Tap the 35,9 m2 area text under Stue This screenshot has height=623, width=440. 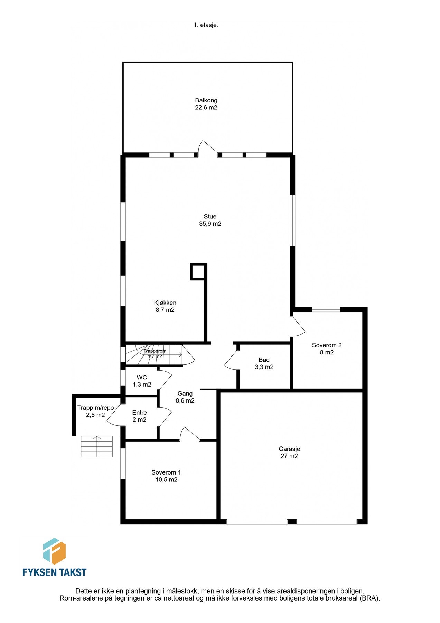(210, 224)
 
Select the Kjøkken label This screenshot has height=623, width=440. (165, 303)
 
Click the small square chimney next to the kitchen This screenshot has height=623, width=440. (198, 272)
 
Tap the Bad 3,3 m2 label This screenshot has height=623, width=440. (264, 363)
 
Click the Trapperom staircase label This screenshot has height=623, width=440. (155, 353)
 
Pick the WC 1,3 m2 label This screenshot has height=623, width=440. (142, 381)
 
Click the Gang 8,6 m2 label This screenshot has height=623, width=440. (185, 397)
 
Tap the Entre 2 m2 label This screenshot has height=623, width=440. (139, 416)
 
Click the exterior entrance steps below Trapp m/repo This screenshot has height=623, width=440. (97, 446)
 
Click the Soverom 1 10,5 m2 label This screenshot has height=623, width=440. (166, 476)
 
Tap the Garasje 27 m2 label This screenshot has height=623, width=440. (289, 452)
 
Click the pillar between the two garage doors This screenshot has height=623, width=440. (292, 522)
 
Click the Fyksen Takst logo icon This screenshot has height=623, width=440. (54, 551)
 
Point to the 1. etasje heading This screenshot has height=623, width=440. (206, 25)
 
